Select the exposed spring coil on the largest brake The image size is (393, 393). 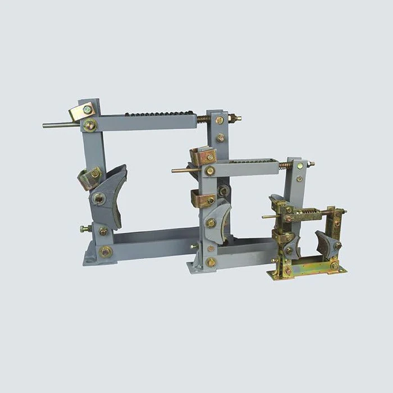[204, 119]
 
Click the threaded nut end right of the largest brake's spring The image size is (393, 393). [235, 118]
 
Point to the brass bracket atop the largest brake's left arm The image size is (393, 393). [82, 111]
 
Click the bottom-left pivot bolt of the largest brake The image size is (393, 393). [105, 251]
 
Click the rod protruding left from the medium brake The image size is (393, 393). [182, 170]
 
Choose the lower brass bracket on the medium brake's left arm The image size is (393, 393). [202, 198]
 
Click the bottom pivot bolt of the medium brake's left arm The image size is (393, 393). [211, 262]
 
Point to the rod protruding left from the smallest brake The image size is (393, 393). [269, 216]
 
